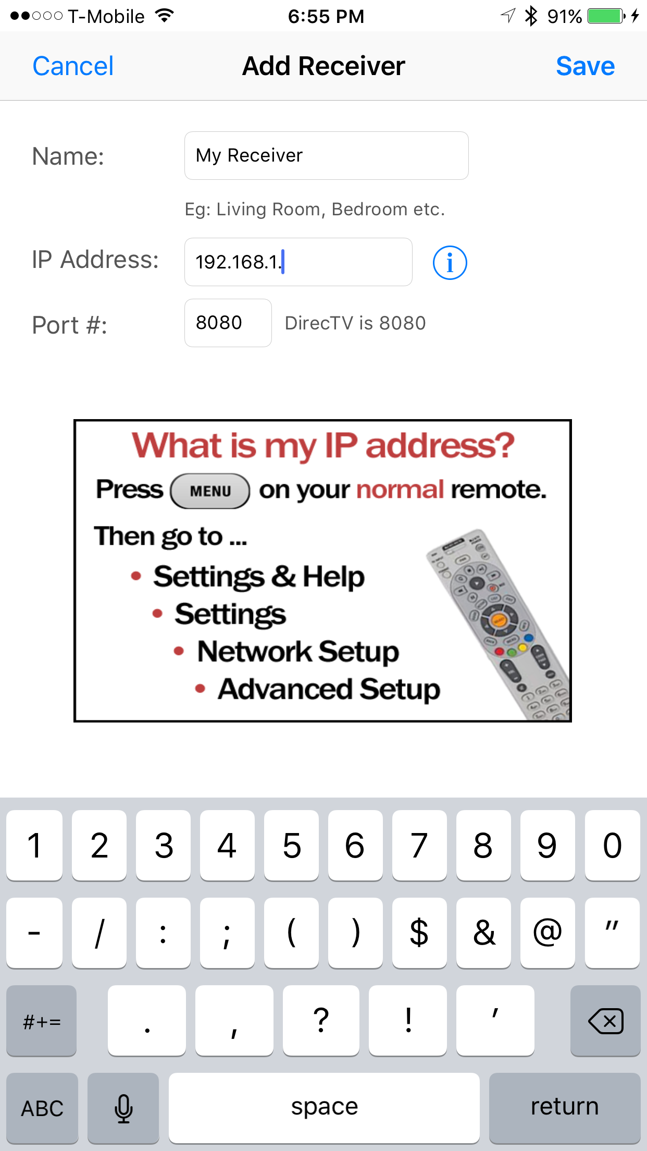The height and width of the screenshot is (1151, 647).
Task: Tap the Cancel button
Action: pyautogui.click(x=73, y=66)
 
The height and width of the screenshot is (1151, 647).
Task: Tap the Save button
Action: pyautogui.click(x=585, y=66)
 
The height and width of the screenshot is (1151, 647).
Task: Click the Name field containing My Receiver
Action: pyautogui.click(x=326, y=155)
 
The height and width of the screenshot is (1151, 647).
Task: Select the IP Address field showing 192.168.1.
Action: pyautogui.click(x=298, y=262)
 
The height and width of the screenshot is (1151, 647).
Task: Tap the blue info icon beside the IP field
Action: pyautogui.click(x=450, y=263)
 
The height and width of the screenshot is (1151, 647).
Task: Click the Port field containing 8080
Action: pyautogui.click(x=228, y=323)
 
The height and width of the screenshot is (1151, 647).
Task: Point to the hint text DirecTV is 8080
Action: pyautogui.click(x=355, y=323)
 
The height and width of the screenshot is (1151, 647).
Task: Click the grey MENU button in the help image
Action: pyautogui.click(x=210, y=491)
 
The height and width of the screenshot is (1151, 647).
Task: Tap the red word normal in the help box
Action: pyautogui.click(x=400, y=489)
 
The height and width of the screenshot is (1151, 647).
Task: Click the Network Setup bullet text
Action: pyautogui.click(x=298, y=652)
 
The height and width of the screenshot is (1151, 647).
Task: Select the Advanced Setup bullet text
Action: pyautogui.click(x=329, y=689)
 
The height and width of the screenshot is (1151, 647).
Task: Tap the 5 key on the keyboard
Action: pyautogui.click(x=291, y=845)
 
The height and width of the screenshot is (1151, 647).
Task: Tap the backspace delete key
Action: pyautogui.click(x=605, y=1020)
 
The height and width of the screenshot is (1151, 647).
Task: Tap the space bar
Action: pyautogui.click(x=324, y=1107)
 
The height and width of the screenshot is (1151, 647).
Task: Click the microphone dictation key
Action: pyautogui.click(x=123, y=1107)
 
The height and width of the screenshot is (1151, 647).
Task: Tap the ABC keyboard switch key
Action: pyautogui.click(x=42, y=1107)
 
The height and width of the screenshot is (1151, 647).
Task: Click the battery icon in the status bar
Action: pyautogui.click(x=606, y=16)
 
